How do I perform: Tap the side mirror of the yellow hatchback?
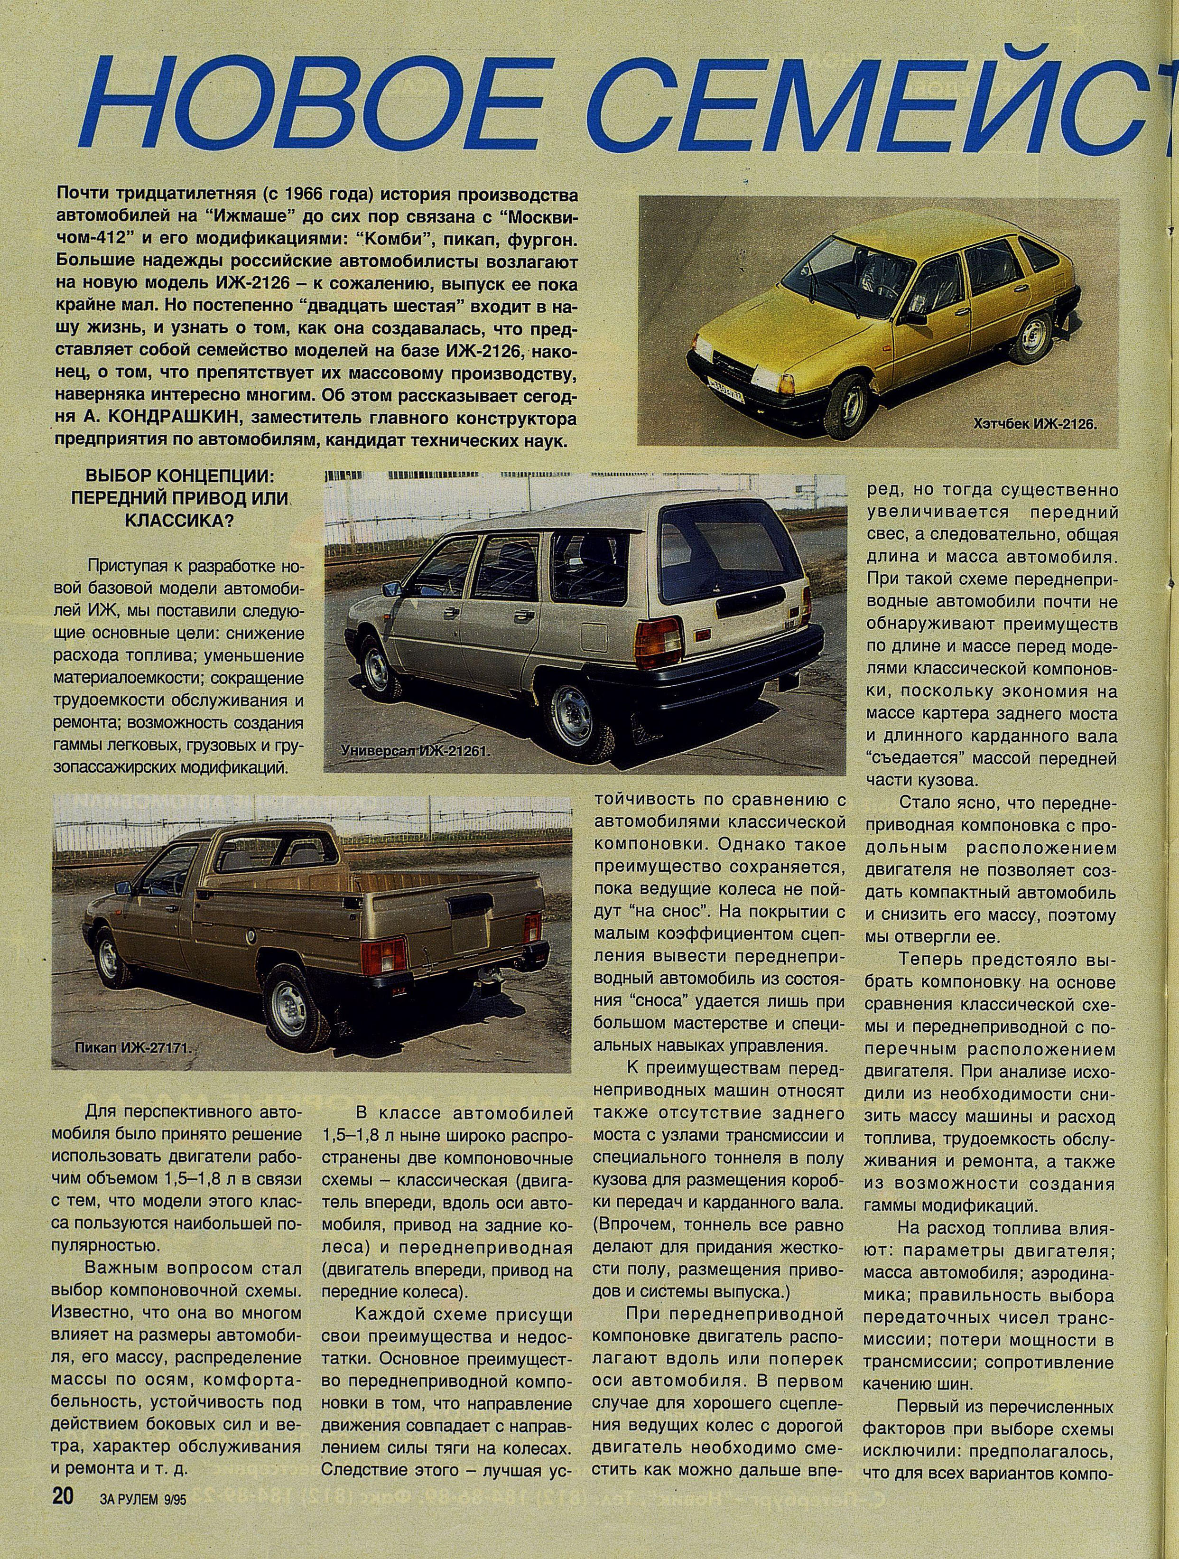coord(915,318)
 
